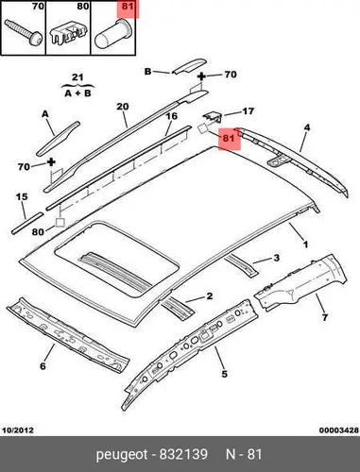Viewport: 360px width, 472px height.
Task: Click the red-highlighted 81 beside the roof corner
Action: [x=229, y=138]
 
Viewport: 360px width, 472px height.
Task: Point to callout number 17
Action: [x=249, y=111]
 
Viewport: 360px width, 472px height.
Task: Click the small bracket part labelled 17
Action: [x=213, y=118]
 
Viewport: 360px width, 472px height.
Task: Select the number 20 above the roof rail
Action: [x=123, y=107]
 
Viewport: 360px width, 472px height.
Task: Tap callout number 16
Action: [x=172, y=116]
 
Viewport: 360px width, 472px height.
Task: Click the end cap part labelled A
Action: [x=58, y=139]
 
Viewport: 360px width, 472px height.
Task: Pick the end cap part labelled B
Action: [x=189, y=65]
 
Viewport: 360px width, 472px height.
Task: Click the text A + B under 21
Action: [x=77, y=93]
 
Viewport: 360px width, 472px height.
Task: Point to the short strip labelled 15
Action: [x=27, y=223]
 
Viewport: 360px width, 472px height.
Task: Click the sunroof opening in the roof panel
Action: [x=116, y=258]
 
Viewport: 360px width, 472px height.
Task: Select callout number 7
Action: [x=325, y=317]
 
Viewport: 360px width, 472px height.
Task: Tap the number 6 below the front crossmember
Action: [x=43, y=366]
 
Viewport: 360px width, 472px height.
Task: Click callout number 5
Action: [x=224, y=374]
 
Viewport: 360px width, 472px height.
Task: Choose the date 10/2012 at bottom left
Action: [x=18, y=430]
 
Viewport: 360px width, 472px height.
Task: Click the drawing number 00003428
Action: [x=339, y=430]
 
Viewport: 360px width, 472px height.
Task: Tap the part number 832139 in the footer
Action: [x=183, y=454]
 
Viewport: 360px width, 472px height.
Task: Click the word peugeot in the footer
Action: [x=122, y=455]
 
